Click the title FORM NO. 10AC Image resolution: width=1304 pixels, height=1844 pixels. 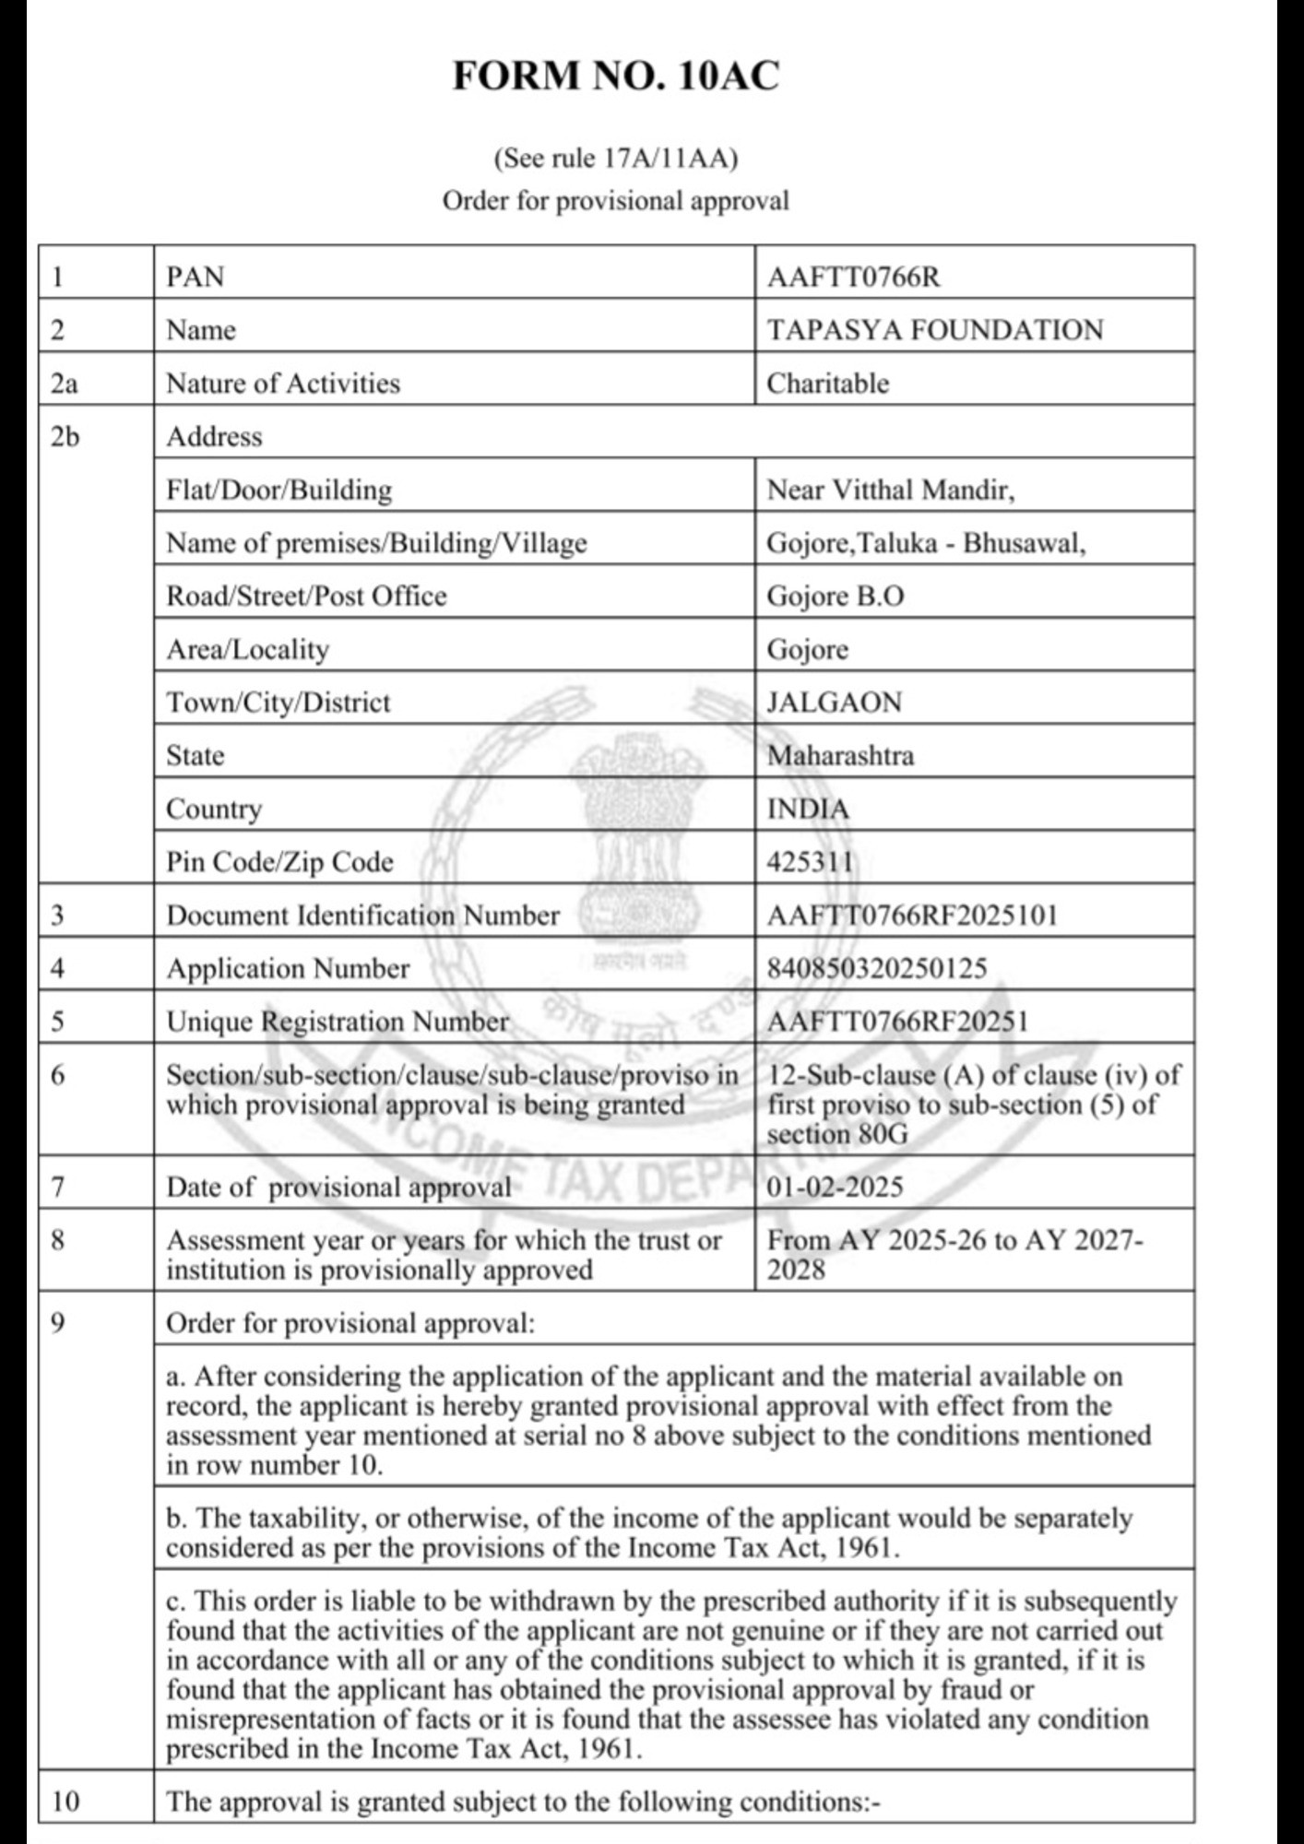[x=615, y=76]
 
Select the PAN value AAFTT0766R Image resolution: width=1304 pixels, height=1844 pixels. [x=853, y=277]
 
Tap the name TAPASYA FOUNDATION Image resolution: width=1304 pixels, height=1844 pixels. [x=934, y=330]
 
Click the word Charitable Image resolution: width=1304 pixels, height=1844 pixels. [x=827, y=384]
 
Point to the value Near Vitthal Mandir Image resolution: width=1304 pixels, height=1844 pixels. [x=890, y=490]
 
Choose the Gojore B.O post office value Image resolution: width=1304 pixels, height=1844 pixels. [x=835, y=597]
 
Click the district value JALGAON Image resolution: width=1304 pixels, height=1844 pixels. [x=834, y=703]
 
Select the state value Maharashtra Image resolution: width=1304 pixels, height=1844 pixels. [x=840, y=756]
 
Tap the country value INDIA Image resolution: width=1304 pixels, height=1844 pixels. [x=808, y=810]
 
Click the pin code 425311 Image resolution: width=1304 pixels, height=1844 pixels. [x=810, y=862]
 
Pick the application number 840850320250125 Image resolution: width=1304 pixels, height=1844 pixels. [x=876, y=968]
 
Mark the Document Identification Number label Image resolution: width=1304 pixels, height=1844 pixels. [x=362, y=916]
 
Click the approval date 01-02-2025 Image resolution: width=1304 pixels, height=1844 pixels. [x=835, y=1187]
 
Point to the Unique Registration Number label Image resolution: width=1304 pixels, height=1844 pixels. [x=337, y=1022]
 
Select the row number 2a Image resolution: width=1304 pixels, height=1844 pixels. [x=64, y=384]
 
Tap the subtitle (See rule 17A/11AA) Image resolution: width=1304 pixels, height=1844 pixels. [x=615, y=159]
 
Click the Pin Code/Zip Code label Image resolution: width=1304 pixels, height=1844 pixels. [x=279, y=862]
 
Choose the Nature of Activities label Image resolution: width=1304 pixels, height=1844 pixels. [x=283, y=384]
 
